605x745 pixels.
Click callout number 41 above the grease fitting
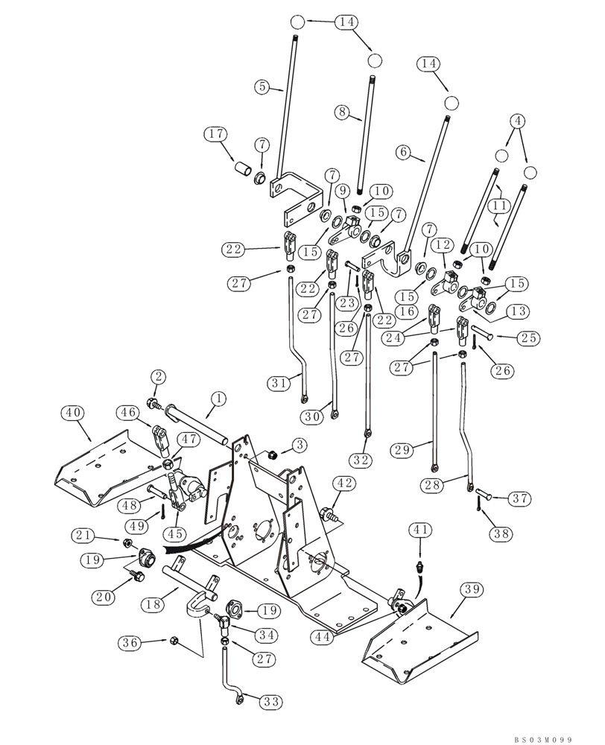point(420,530)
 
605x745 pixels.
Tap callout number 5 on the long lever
point(262,87)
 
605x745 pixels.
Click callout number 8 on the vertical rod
point(342,112)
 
